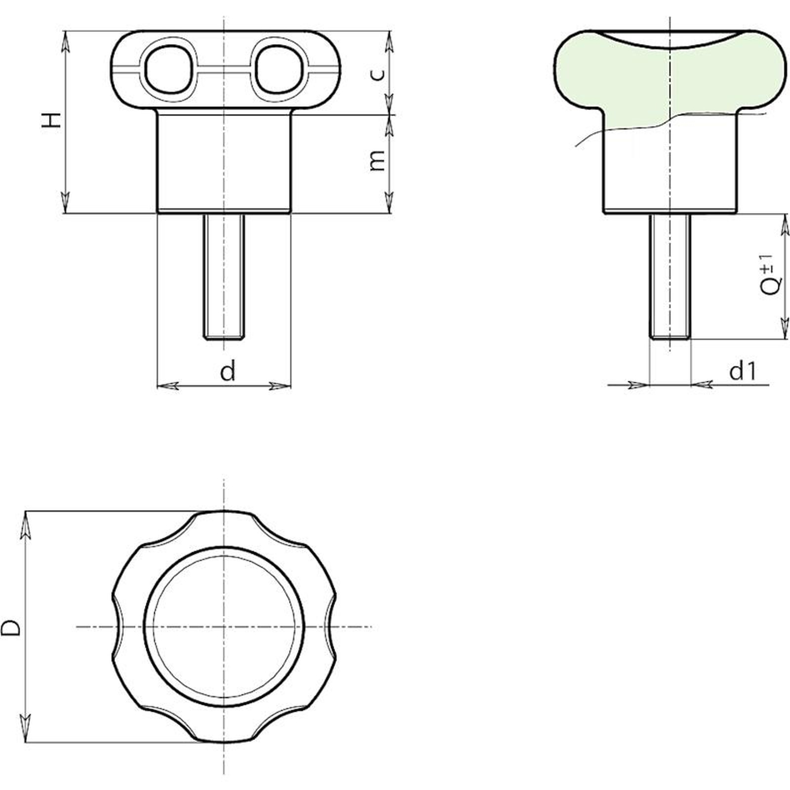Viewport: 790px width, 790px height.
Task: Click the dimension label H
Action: coord(51,120)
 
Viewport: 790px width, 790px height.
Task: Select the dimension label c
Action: coord(377,74)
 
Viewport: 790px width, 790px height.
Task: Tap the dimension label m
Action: coord(377,160)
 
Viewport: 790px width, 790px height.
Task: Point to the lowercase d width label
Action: coord(228,371)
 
